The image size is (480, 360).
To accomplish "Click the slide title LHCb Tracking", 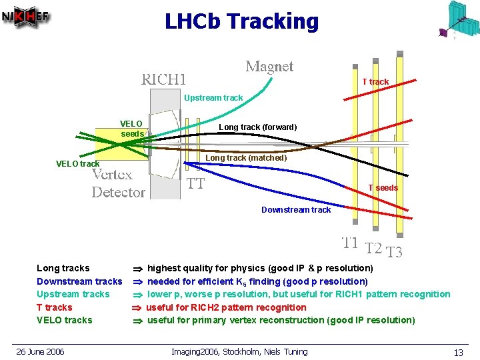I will pyautogui.click(x=242, y=21).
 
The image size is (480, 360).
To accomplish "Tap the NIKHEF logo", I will pyautogui.click(x=26, y=18).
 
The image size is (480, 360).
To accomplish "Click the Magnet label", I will pyautogui.click(x=269, y=67).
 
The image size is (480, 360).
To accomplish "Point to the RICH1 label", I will pyautogui.click(x=163, y=79).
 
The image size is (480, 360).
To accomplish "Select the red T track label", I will pyautogui.click(x=375, y=82).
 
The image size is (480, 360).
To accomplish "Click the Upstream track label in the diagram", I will pyautogui.click(x=213, y=98).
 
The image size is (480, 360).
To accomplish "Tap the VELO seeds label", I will pyautogui.click(x=131, y=129).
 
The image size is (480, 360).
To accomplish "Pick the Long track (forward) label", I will pyautogui.click(x=258, y=127).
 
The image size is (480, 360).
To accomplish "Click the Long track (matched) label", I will pyautogui.click(x=246, y=158).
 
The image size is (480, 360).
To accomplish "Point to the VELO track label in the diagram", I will pyautogui.click(x=77, y=164).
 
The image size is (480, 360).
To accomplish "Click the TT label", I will pyautogui.click(x=195, y=183).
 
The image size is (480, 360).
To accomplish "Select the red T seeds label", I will pyautogui.click(x=383, y=188).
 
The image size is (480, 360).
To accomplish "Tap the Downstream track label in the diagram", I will pyautogui.click(x=296, y=210).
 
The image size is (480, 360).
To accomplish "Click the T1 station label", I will pyautogui.click(x=350, y=243).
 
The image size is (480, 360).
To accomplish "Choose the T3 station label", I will pyautogui.click(x=395, y=252).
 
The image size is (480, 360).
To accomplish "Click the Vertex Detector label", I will pyautogui.click(x=118, y=184).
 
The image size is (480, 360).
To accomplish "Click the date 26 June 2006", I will pyautogui.click(x=41, y=351).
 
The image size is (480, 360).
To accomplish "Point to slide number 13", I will pyautogui.click(x=458, y=352).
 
